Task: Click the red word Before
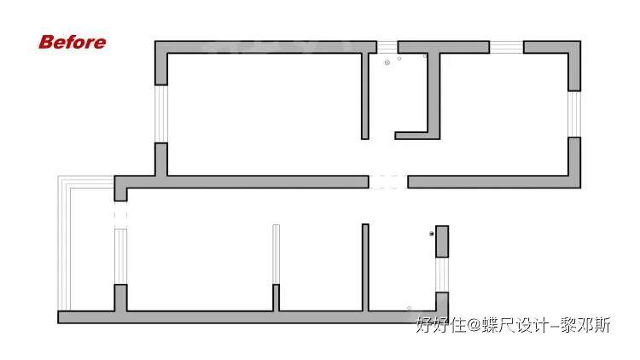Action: click(73, 42)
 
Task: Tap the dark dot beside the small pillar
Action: click(432, 234)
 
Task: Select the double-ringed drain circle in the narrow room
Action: click(387, 61)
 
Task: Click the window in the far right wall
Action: click(575, 113)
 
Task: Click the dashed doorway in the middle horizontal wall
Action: click(387, 182)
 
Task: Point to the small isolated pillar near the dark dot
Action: click(442, 241)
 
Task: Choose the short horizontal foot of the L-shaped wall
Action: click(411, 135)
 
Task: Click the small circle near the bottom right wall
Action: click(409, 308)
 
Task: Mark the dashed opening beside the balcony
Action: click(120, 214)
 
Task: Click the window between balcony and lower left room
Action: click(120, 256)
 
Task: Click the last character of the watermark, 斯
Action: click(603, 325)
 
